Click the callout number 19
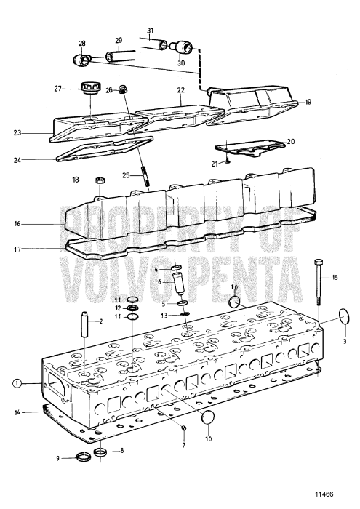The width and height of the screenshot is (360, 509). (x=308, y=103)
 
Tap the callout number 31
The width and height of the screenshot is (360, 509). (x=150, y=31)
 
